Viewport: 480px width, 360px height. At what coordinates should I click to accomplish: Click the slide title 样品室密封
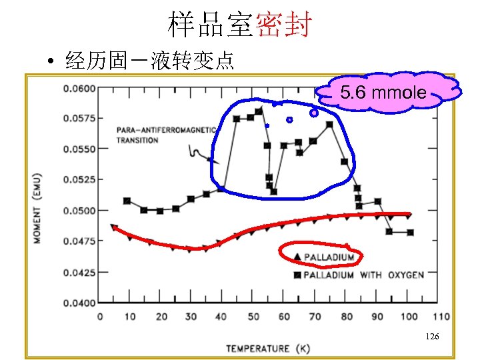point(239,25)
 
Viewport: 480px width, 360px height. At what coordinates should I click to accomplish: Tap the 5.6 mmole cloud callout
point(383,93)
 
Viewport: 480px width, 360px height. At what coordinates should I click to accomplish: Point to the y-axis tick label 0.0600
point(79,88)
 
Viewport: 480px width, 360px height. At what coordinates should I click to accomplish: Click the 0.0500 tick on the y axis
point(79,211)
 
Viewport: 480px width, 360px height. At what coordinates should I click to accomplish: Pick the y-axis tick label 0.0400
point(79,303)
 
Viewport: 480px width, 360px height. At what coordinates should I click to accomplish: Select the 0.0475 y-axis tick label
point(79,241)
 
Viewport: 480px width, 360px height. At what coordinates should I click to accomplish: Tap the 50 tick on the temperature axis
point(253,316)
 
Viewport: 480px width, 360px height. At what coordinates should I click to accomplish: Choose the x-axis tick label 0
point(100,316)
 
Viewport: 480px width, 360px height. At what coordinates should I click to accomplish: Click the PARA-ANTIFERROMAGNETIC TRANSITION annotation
point(165,135)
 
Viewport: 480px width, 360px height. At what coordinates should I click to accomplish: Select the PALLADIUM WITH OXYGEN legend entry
point(363,275)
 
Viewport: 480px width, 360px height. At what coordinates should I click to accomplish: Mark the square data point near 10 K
point(127,201)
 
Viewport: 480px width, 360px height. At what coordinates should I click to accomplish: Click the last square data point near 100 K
point(410,233)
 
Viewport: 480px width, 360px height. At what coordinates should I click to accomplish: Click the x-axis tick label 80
point(346,316)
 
